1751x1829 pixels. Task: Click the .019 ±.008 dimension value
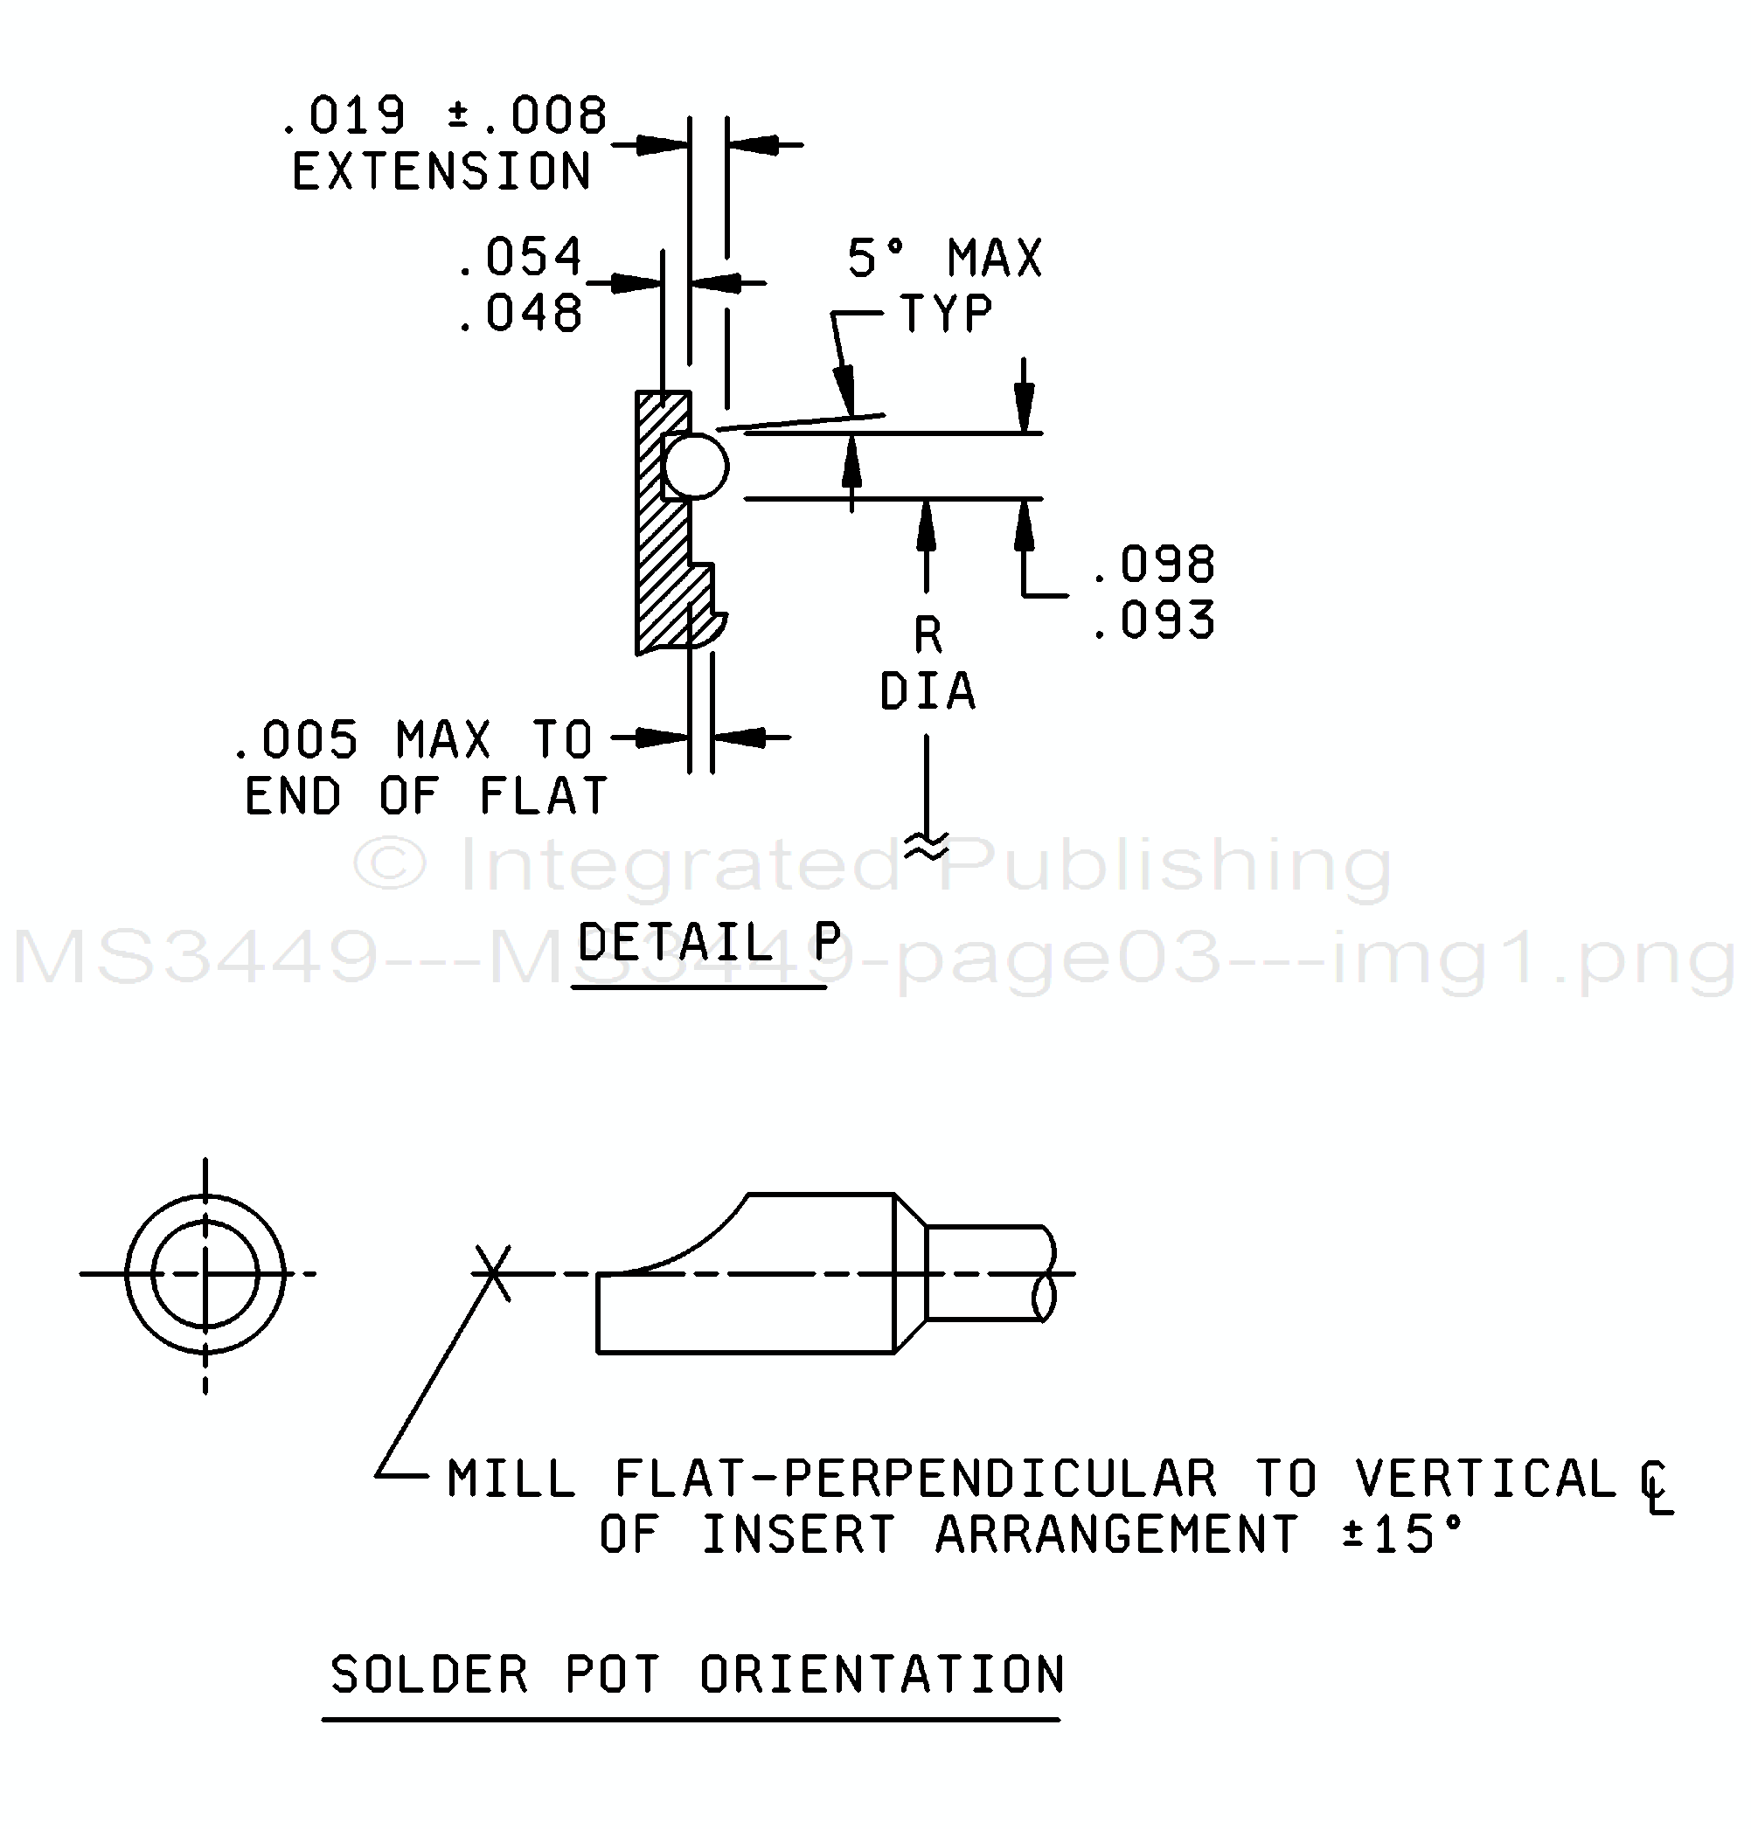(x=444, y=115)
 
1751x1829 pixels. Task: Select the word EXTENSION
(x=441, y=171)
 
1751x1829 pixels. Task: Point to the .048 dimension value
(x=520, y=313)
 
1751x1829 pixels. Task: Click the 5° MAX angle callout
(x=945, y=258)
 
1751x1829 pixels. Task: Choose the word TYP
(x=946, y=313)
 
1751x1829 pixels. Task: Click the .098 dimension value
(x=1154, y=564)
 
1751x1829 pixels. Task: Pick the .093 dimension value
(x=1154, y=620)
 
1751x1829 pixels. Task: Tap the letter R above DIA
(x=928, y=635)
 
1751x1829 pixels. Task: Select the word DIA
(x=928, y=691)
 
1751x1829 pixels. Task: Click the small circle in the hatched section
(x=695, y=466)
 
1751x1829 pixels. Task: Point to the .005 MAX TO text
(x=413, y=740)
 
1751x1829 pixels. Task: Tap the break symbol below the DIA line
(x=927, y=845)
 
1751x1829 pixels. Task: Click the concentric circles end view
(x=205, y=1274)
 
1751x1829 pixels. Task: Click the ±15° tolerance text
(x=1402, y=1535)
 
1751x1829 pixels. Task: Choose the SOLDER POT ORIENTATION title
(x=698, y=1675)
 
